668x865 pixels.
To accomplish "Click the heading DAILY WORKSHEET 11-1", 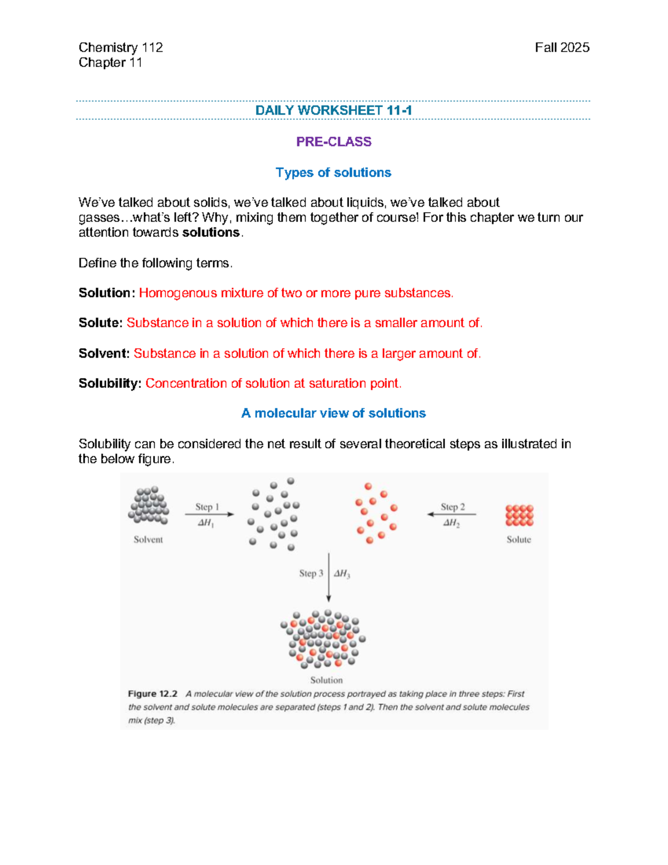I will point(333,110).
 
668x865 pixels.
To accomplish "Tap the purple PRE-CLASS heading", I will point(333,141).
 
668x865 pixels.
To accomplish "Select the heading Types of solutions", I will point(333,173).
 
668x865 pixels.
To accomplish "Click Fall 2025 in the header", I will point(562,48).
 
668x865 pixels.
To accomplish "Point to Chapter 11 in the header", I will point(110,62).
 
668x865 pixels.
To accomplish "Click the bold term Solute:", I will point(100,323).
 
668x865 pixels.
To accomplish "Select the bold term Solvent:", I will point(104,354).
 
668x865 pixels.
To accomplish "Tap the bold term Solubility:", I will point(110,384).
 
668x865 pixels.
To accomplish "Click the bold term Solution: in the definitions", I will point(106,293).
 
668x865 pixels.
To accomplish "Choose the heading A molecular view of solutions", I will point(333,413).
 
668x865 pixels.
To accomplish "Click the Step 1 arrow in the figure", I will point(209,514).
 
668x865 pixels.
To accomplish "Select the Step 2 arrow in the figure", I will point(451,514).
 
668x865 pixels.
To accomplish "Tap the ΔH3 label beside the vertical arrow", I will point(342,574).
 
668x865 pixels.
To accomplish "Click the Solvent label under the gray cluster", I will point(148,540).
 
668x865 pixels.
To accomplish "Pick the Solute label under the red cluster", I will point(519,540).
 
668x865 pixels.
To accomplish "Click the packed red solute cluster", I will point(519,515).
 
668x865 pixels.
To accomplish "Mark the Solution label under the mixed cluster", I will point(326,680).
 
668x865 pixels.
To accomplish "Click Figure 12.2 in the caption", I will point(153,694).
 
